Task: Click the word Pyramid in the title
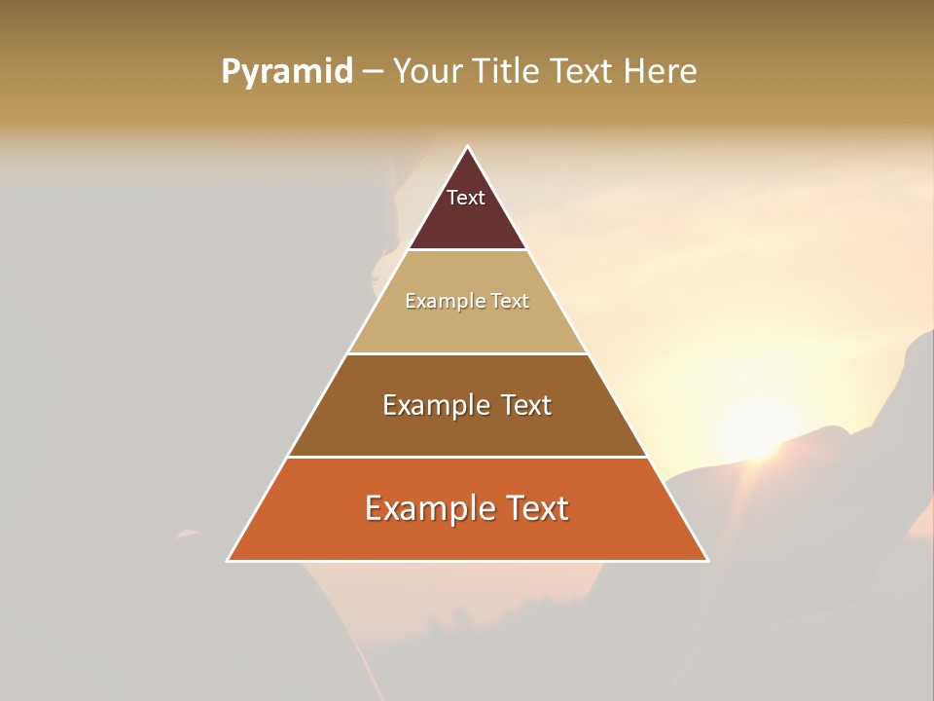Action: coord(286,72)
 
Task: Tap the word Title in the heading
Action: coord(508,71)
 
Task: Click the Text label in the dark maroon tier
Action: coord(466,198)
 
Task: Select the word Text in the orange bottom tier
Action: coord(531,508)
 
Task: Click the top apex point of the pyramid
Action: coord(467,147)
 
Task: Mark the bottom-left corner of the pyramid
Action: coord(229,560)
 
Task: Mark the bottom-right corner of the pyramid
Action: coord(706,560)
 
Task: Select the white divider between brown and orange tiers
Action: coord(467,457)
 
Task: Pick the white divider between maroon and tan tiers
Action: coord(467,250)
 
